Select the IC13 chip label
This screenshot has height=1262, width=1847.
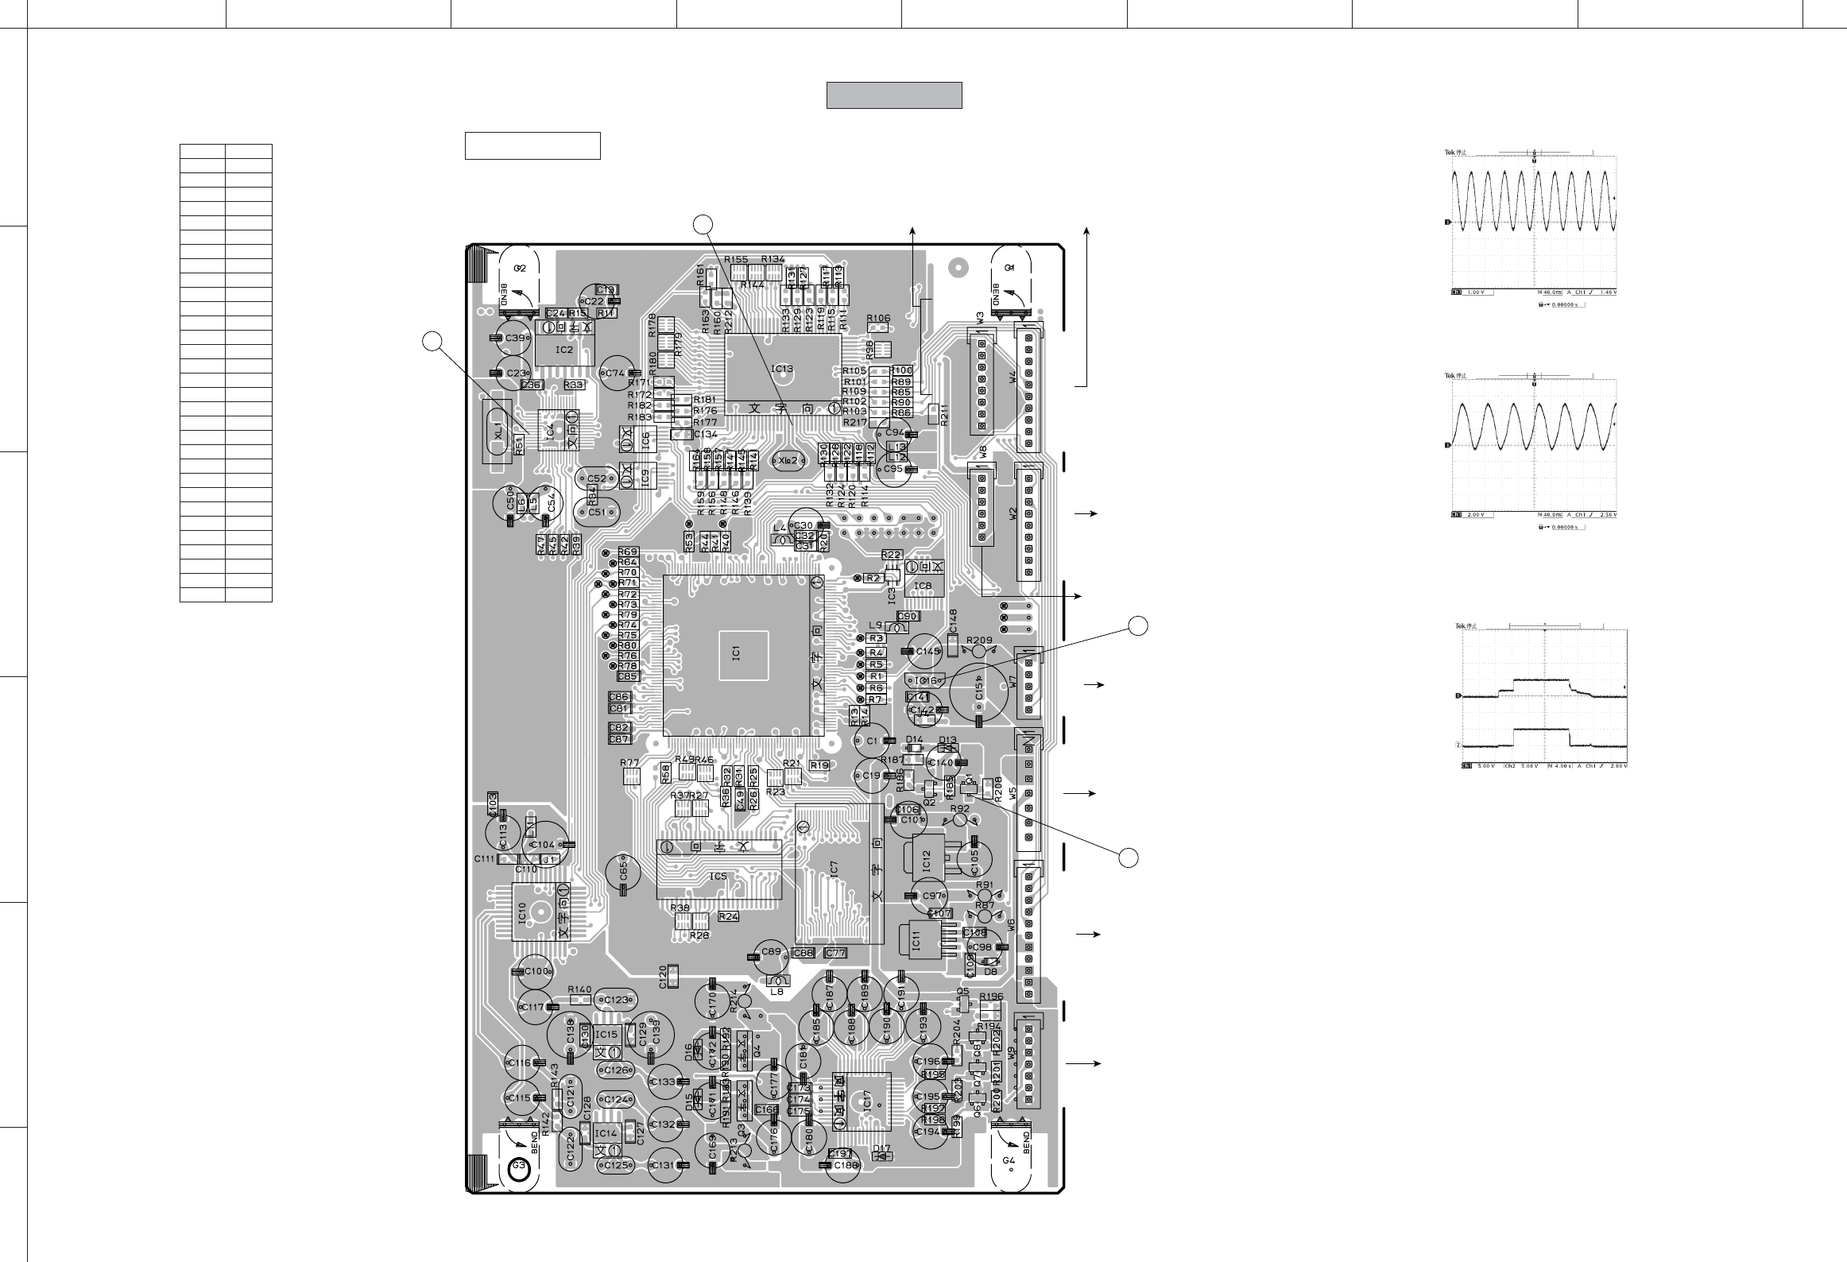tap(782, 369)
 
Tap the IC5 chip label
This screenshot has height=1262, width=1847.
tap(718, 877)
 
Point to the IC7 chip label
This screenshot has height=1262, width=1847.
tap(834, 869)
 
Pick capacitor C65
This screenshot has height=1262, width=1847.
tap(623, 873)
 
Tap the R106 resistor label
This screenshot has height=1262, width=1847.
tap(878, 318)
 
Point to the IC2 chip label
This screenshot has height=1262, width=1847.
tap(563, 350)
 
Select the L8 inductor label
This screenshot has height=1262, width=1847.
tap(778, 991)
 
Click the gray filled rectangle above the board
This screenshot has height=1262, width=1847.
tap(894, 95)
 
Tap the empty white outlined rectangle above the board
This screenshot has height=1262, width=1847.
tap(532, 146)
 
